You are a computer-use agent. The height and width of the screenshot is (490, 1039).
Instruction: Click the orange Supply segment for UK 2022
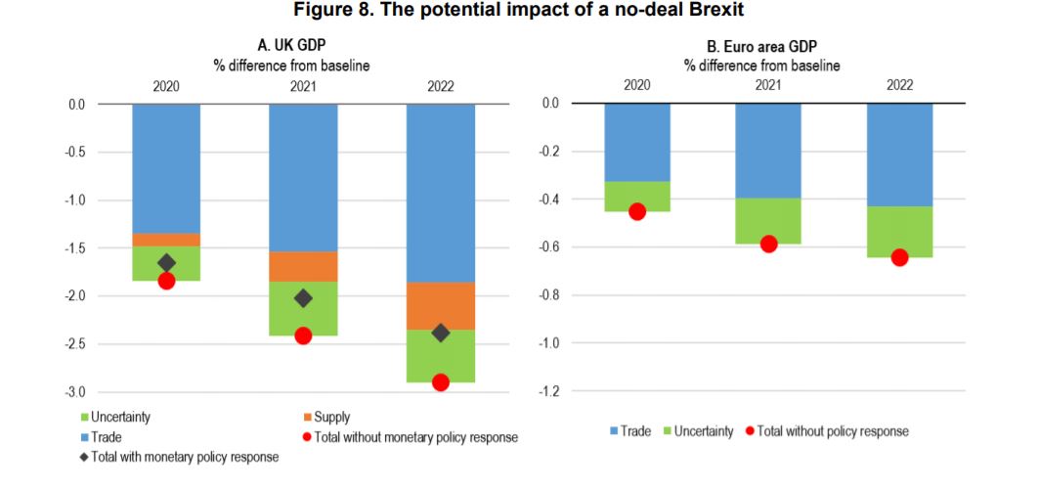point(440,305)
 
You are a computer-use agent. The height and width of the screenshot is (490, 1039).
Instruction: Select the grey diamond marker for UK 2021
point(303,298)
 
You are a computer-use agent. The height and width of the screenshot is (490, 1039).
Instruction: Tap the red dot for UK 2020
point(166,281)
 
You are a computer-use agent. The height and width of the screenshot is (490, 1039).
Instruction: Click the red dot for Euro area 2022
point(899,257)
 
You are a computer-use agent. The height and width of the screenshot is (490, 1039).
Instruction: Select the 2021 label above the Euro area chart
point(768,85)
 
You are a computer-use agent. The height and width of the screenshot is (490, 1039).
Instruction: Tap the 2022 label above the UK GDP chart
point(441,85)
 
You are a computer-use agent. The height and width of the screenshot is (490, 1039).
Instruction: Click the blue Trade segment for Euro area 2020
point(637,143)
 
